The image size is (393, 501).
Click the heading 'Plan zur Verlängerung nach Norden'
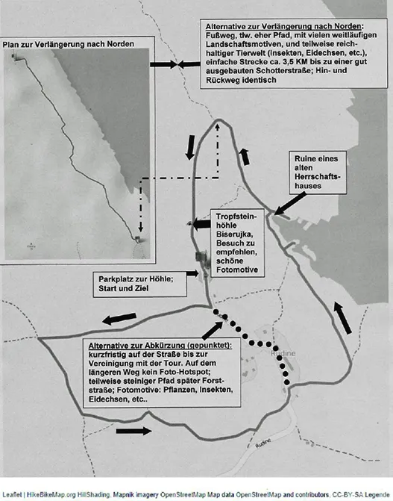point(69,44)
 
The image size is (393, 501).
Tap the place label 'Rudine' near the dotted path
point(283,353)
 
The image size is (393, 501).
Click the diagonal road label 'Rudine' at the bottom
point(263,444)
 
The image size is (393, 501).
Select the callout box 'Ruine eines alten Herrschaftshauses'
point(318,172)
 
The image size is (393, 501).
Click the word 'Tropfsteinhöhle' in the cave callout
point(236,221)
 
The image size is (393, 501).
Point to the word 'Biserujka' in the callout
point(235,234)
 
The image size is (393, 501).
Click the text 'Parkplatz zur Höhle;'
point(136,279)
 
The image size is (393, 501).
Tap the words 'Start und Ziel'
point(123,288)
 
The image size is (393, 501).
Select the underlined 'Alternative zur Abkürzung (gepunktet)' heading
point(160,346)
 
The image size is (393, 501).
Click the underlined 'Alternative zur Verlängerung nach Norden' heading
point(285,26)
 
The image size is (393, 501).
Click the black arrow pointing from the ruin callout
point(289,204)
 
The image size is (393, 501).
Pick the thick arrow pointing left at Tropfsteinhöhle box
point(202,224)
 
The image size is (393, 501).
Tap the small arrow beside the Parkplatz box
point(192,273)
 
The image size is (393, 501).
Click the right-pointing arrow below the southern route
point(133,431)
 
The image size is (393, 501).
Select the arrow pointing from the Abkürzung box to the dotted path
point(213,331)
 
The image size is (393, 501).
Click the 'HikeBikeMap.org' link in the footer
point(51,494)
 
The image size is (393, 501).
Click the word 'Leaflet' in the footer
point(13,494)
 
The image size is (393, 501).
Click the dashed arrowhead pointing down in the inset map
point(140,228)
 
